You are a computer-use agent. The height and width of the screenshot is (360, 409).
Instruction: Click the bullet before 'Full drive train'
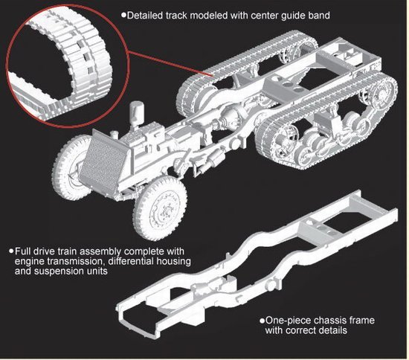point(11,251)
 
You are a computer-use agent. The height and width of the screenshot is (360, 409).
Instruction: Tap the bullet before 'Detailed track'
point(123,15)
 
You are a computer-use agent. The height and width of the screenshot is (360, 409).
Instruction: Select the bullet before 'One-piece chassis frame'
point(262,321)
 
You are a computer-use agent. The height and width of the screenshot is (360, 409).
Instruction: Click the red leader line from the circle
point(170,63)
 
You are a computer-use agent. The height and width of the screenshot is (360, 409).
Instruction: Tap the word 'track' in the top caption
point(176,16)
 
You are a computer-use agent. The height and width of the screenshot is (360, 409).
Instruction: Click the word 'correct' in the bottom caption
point(302,330)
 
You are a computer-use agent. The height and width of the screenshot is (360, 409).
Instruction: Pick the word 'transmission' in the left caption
point(75,261)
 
